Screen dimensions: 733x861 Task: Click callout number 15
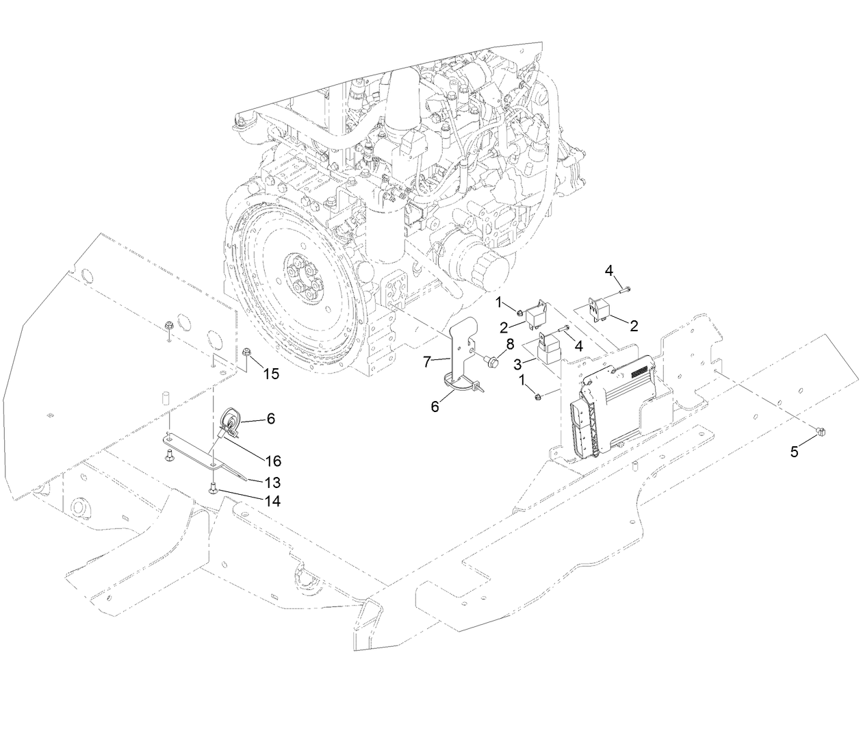point(272,374)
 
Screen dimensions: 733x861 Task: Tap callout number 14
point(272,501)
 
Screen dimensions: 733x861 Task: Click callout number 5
point(794,452)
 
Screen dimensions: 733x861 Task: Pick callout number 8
point(509,344)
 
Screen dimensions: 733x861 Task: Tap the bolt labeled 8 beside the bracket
point(491,359)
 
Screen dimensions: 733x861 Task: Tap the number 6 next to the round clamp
point(271,417)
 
